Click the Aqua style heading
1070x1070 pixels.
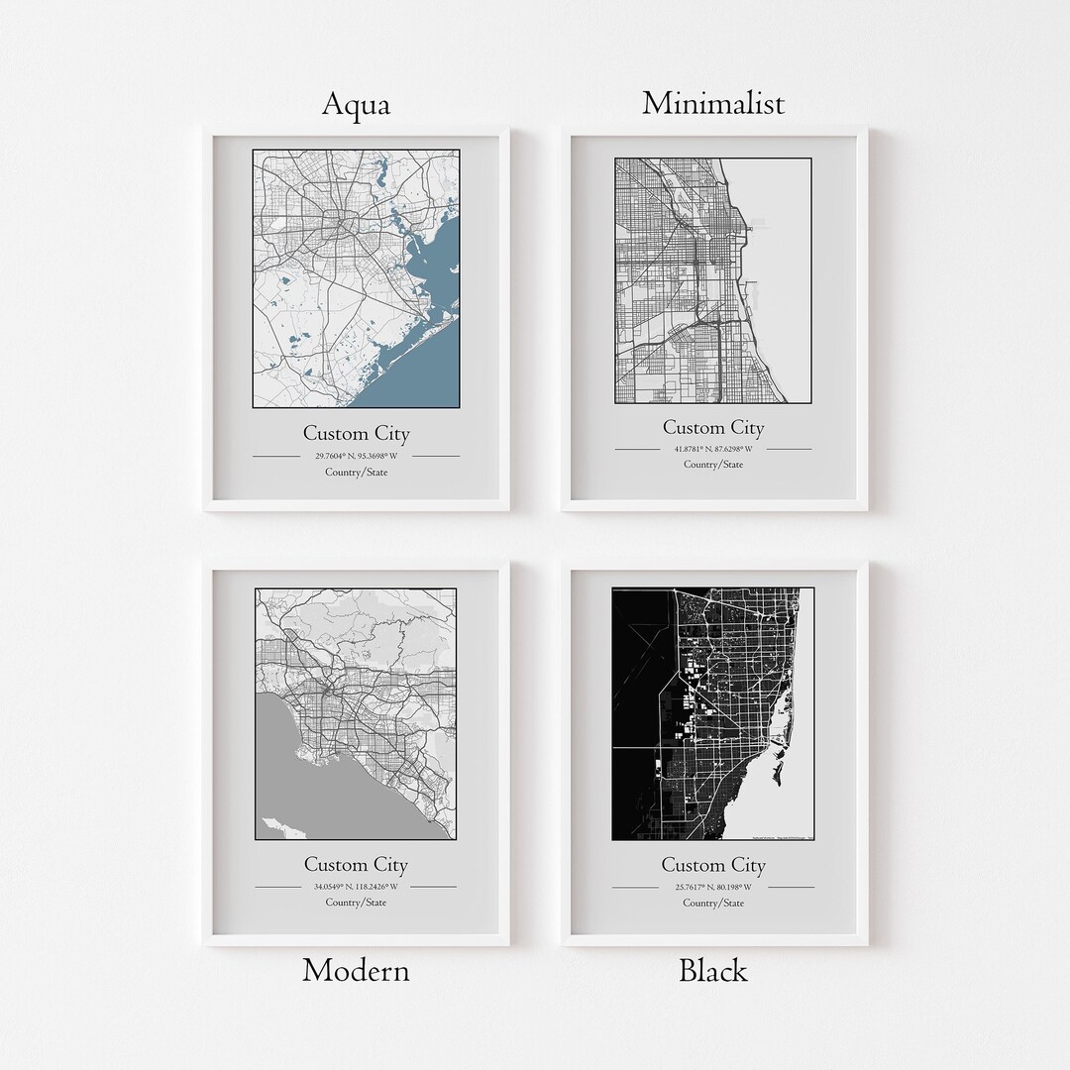pos(356,104)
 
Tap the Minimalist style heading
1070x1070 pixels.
pos(713,103)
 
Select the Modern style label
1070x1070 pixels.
pos(356,970)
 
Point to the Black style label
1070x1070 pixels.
pos(712,970)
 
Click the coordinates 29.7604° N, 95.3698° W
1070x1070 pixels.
pos(356,456)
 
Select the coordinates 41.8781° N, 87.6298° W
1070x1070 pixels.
pos(713,449)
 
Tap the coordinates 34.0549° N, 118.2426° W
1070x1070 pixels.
pos(356,886)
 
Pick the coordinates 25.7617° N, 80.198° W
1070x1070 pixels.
pos(713,887)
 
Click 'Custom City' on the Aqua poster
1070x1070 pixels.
pos(356,433)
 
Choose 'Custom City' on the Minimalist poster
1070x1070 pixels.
pos(713,428)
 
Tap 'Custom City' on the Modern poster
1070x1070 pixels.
pos(356,864)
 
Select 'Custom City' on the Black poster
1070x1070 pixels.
pos(713,865)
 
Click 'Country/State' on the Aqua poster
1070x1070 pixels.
pos(356,473)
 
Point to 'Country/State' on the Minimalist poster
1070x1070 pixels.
pos(713,465)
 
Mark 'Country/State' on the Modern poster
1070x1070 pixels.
pos(356,902)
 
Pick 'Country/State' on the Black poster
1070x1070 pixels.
pos(713,903)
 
